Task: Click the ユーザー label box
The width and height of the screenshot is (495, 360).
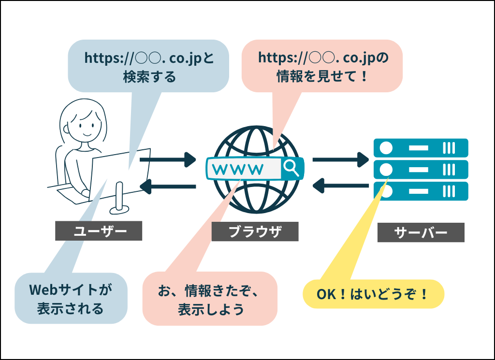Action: coord(99,231)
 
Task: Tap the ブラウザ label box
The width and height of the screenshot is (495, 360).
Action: coord(255,231)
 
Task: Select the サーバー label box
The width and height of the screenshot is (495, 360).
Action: coord(421,232)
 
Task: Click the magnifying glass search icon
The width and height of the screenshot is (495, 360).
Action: coord(291,168)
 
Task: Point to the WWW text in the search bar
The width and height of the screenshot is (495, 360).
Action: coord(238,169)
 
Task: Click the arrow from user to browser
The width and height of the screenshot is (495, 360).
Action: coord(167,158)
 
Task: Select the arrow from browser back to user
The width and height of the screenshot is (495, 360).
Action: coord(167,186)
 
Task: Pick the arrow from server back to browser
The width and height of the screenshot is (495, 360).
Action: coord(340,185)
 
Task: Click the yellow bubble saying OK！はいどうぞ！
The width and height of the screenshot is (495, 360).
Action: coord(373,294)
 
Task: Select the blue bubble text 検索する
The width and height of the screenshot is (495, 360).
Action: coord(149,77)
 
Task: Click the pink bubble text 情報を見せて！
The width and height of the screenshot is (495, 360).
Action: coord(322,76)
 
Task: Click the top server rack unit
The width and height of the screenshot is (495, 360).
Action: coord(421,147)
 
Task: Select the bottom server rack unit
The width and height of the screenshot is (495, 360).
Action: coord(421,191)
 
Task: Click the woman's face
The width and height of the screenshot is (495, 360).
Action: coord(83,125)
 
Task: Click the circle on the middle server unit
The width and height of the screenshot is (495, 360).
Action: coord(385,169)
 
